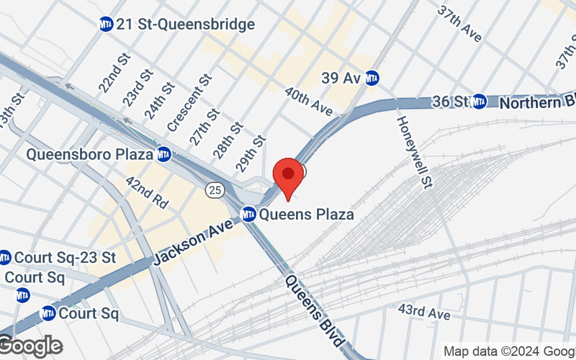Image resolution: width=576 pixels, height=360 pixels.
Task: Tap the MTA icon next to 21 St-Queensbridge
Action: tap(107, 24)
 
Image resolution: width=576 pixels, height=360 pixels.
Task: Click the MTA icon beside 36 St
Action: tap(480, 102)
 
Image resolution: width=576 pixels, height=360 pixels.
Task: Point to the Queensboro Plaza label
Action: tap(89, 154)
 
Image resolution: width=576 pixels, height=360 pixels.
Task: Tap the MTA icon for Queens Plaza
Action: tap(248, 214)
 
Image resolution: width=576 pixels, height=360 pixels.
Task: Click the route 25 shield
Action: tap(214, 189)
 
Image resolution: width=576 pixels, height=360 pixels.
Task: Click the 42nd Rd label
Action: tap(146, 192)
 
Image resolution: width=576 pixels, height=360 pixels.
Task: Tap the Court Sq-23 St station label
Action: tap(65, 257)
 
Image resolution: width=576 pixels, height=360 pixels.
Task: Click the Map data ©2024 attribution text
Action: tap(508, 351)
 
